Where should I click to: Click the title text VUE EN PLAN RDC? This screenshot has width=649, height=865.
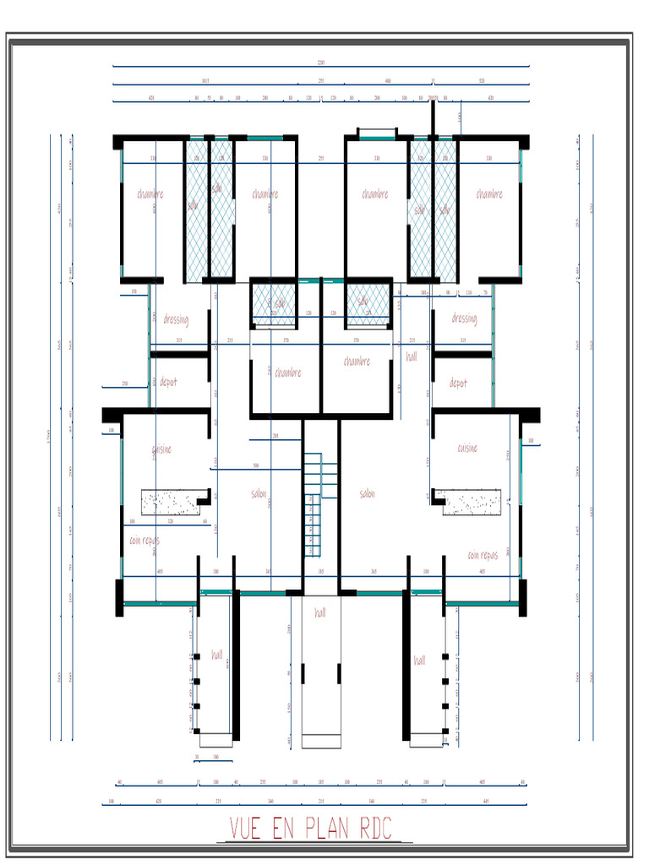click(x=310, y=829)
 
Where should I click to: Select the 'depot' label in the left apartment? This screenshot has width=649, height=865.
click(x=169, y=383)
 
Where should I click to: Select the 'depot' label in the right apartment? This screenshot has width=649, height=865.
click(x=458, y=383)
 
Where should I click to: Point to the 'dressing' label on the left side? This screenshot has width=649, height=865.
click(x=176, y=320)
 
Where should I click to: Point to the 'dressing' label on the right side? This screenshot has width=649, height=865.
click(x=464, y=318)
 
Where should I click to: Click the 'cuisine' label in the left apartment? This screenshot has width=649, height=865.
click(x=161, y=449)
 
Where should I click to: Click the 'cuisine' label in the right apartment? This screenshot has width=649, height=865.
click(x=467, y=448)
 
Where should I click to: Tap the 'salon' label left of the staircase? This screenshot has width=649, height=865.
click(x=259, y=493)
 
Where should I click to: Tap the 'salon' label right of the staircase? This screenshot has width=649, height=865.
click(x=367, y=493)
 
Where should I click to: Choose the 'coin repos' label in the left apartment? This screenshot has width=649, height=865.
click(x=145, y=540)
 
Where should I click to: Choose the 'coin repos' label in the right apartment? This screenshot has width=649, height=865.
click(x=483, y=555)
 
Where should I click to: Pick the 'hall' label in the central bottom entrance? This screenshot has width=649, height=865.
click(x=320, y=612)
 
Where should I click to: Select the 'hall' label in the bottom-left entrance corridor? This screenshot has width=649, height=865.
click(x=217, y=655)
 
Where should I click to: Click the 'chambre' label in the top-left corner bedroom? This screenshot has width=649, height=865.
click(x=150, y=194)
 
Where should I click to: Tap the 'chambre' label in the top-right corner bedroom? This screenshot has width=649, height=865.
click(x=489, y=194)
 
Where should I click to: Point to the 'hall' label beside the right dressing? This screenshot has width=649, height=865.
click(x=412, y=357)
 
